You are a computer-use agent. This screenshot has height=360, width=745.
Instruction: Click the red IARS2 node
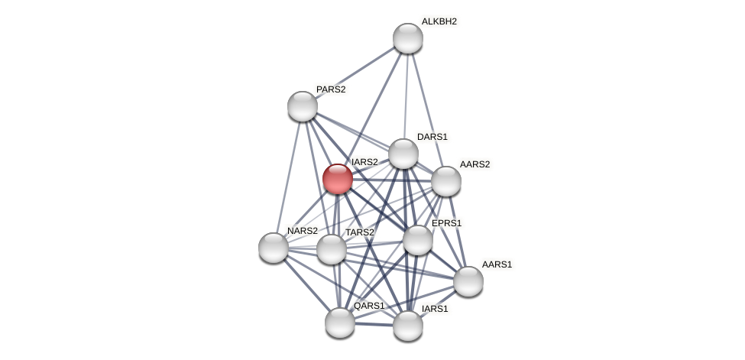pos(337,179)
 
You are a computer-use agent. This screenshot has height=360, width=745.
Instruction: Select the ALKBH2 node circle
pos(408,38)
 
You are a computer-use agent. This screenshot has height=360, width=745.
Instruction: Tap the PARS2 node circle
pos(303,106)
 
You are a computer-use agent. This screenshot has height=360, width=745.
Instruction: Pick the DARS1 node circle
pos(403,154)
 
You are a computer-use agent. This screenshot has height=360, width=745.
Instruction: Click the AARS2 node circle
pos(446,181)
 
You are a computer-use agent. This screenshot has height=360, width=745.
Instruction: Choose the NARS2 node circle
pos(274,248)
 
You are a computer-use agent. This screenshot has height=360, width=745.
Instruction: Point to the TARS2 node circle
pos(332,249)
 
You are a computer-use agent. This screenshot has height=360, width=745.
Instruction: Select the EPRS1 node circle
pos(418,240)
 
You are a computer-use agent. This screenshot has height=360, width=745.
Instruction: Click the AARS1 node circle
pos(468,281)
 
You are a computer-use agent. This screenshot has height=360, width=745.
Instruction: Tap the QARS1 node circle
pos(340,323)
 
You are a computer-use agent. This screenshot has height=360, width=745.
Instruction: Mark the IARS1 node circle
pos(408,326)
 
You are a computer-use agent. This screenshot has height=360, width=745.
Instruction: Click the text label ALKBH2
pos(439,21)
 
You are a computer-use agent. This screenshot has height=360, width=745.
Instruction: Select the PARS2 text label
pos(331,89)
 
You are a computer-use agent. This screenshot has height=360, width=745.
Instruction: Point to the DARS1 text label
pos(432,137)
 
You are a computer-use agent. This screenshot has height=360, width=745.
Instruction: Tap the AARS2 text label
pos(475,164)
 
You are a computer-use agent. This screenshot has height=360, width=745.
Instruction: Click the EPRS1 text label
pos(446,223)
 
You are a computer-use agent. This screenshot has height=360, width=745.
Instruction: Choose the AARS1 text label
pos(497,264)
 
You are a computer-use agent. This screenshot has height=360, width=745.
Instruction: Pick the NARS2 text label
pos(303,231)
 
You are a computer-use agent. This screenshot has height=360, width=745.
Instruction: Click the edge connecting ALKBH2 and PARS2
pos(355,72)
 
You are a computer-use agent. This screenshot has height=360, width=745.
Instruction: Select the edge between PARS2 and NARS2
pos(288,177)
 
